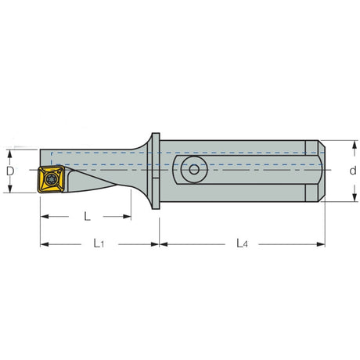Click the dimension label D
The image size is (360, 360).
(x=10, y=171)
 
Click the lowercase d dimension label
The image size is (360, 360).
(x=353, y=171)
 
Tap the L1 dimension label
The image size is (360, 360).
(x=99, y=243)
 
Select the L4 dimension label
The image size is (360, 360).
(x=242, y=243)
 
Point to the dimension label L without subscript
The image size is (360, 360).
(x=87, y=216)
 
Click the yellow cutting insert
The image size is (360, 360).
(x=51, y=179)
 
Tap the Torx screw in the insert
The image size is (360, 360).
(x=51, y=179)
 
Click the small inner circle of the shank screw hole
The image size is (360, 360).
(x=194, y=170)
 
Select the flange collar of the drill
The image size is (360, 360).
(x=156, y=171)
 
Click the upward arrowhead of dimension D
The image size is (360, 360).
(x=10, y=154)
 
